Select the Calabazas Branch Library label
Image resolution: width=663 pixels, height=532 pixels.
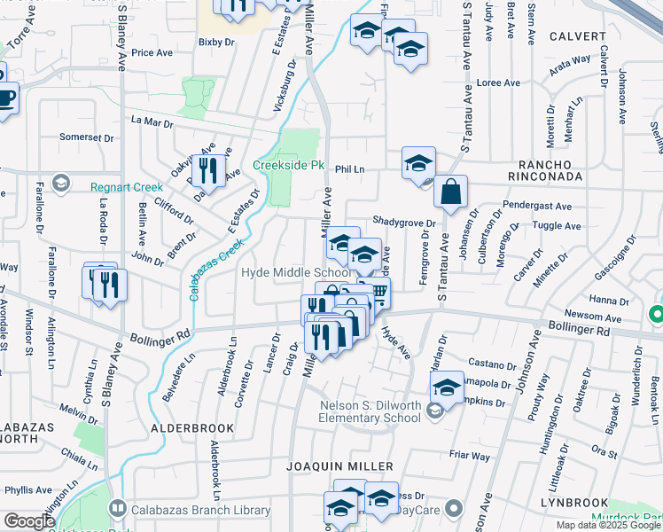[200, 510]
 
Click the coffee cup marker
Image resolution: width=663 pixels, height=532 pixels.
[5, 98]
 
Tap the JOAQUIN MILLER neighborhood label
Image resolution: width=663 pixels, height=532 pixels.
[339, 465]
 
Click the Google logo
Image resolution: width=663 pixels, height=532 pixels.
[29, 521]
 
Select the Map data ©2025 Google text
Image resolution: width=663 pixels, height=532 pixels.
[609, 525]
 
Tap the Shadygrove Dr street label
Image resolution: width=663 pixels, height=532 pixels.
[404, 223]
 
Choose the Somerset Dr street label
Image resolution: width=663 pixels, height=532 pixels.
[87, 137]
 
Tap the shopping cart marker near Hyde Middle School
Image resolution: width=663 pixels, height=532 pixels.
[378, 292]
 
